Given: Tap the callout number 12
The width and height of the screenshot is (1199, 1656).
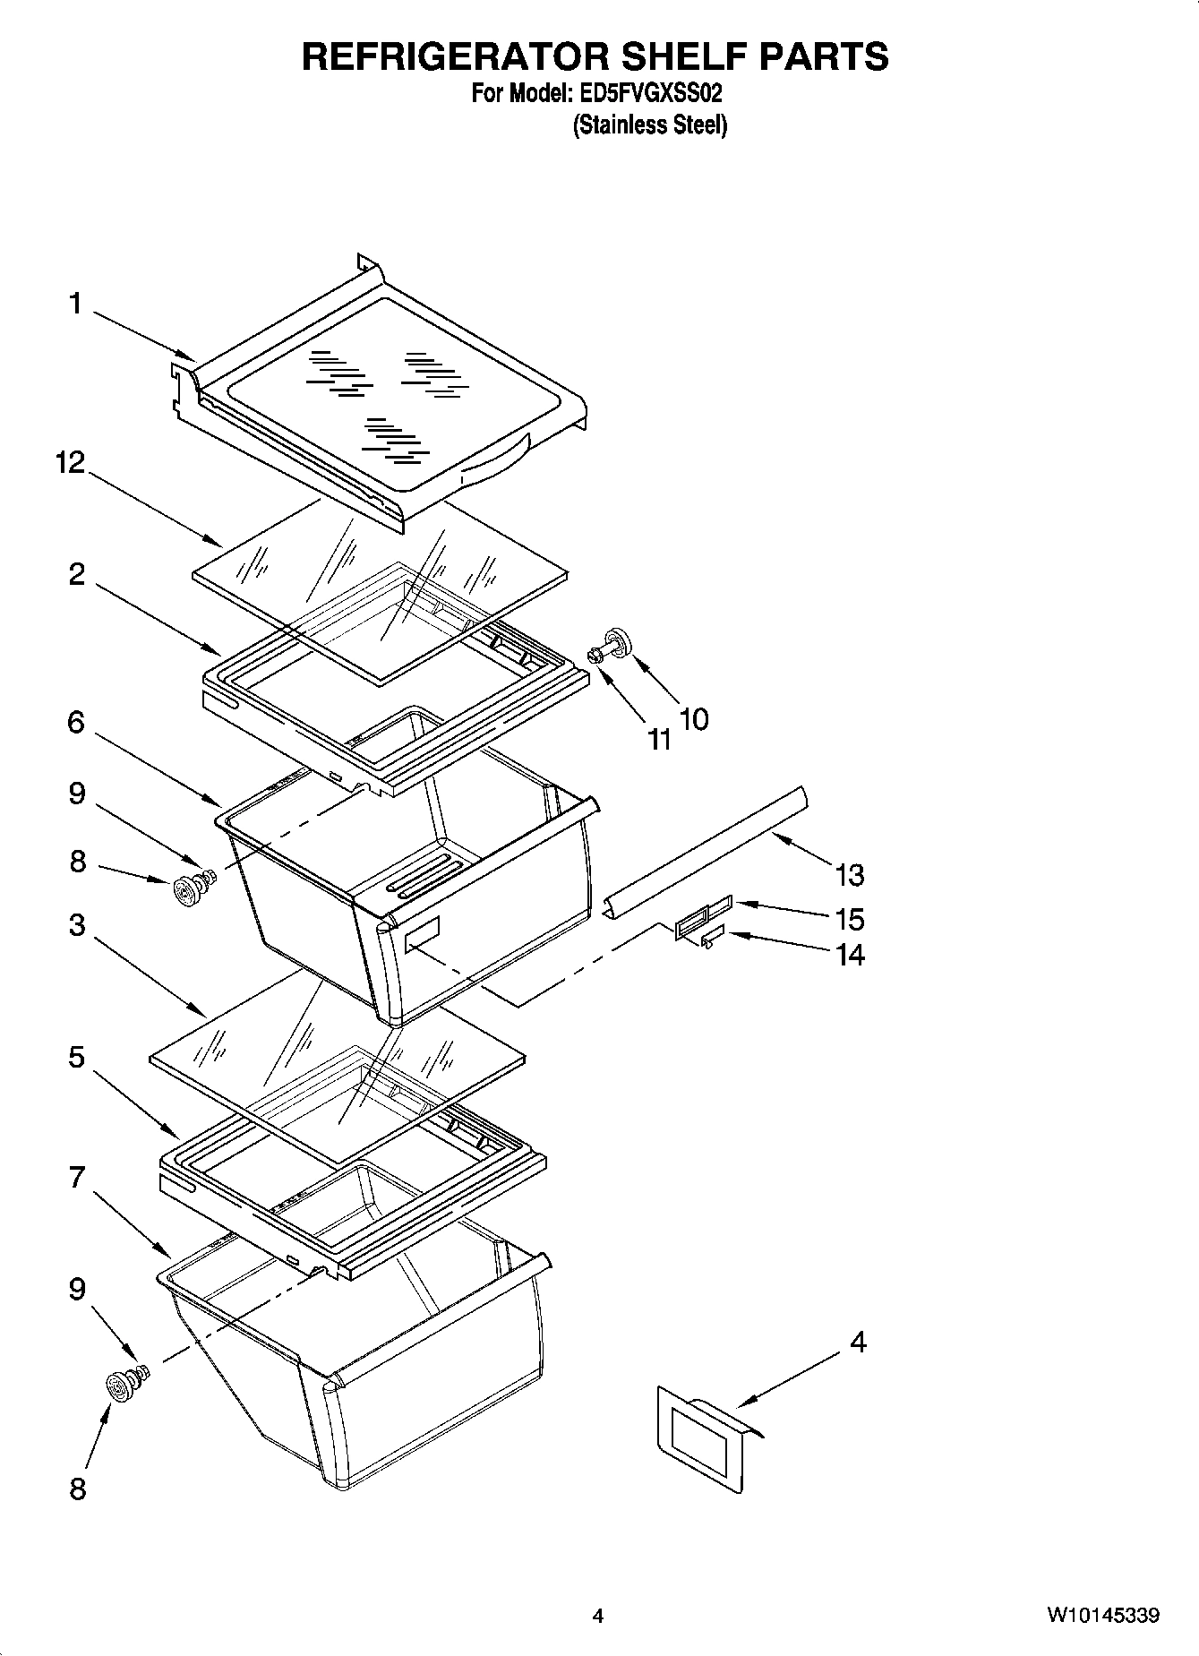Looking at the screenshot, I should pyautogui.click(x=69, y=462).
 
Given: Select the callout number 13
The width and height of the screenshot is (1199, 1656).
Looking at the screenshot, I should pyautogui.click(x=849, y=875).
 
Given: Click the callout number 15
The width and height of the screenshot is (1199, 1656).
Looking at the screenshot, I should pyautogui.click(x=849, y=919).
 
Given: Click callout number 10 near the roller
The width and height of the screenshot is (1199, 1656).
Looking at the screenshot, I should pyautogui.click(x=693, y=718).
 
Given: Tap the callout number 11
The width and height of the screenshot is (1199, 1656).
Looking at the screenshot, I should pyautogui.click(x=659, y=739).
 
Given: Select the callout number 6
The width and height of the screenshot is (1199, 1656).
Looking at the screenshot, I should pyautogui.click(x=76, y=722).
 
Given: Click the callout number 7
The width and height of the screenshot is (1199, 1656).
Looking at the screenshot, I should pyautogui.click(x=77, y=1177).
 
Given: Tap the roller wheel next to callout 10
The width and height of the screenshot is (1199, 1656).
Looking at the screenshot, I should pyautogui.click(x=617, y=643).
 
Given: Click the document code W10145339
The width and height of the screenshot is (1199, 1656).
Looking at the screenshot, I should pyautogui.click(x=1102, y=1616).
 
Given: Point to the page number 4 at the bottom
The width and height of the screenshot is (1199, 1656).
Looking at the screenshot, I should pyautogui.click(x=597, y=1616).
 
